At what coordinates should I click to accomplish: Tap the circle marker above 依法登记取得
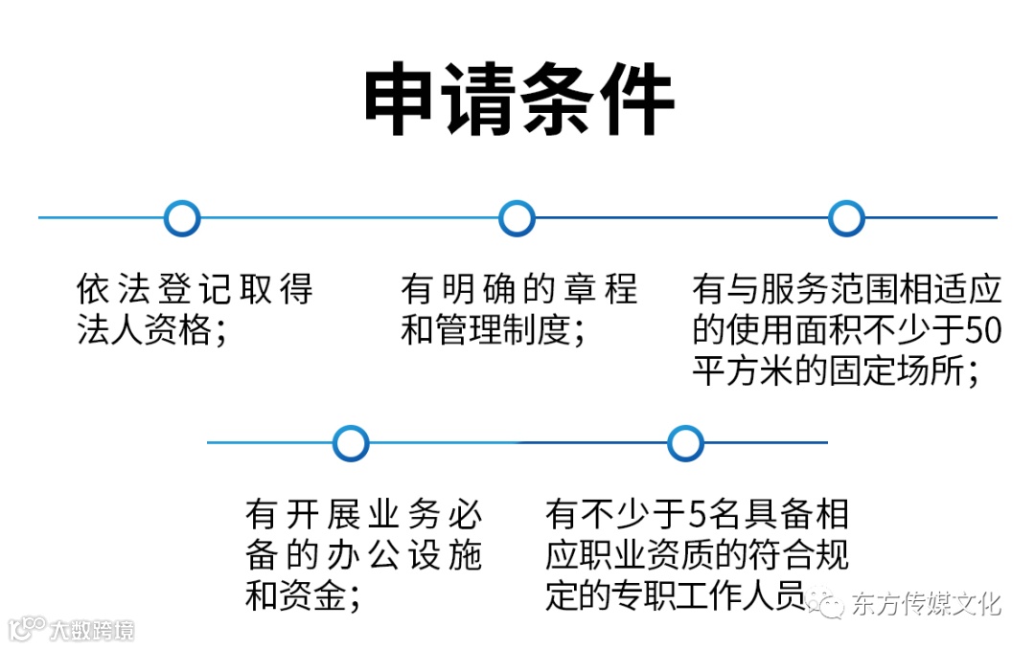tap(182, 218)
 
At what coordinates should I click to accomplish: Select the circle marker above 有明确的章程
tap(517, 218)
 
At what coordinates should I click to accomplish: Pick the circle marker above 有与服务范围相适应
tap(845, 218)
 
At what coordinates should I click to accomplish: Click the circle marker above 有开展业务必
tap(351, 442)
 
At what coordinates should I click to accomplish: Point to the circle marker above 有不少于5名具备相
tap(685, 442)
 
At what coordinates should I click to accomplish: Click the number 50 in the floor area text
tap(981, 330)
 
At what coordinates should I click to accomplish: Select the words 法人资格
tap(144, 330)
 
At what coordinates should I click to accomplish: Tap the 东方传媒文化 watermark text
tap(925, 604)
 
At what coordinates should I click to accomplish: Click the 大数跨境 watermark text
tap(92, 630)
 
